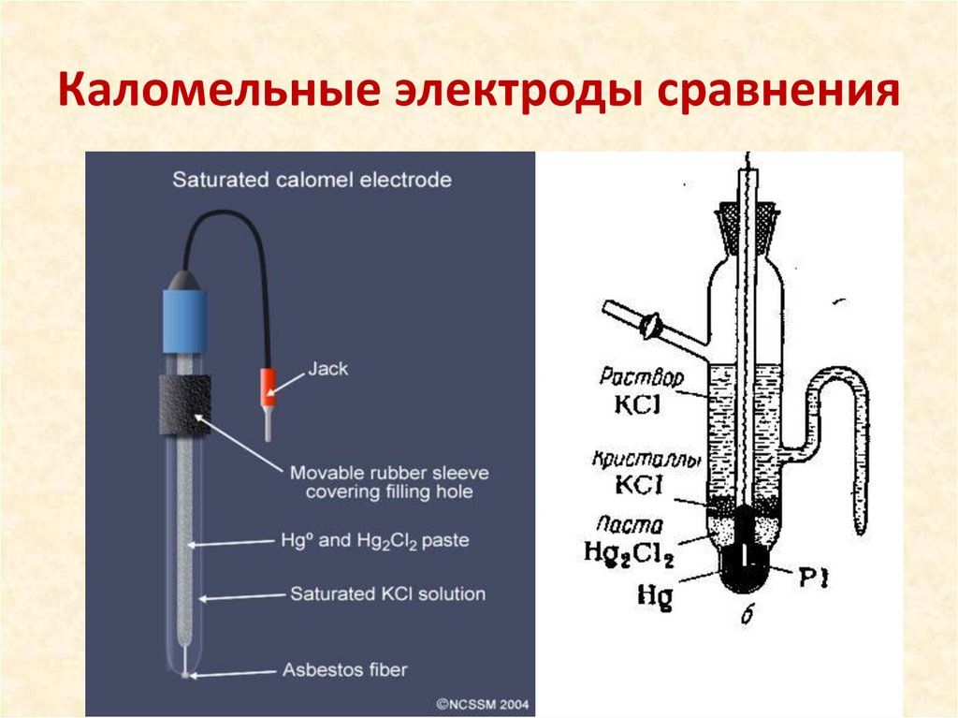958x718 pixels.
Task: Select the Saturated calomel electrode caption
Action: pyautogui.click(x=312, y=180)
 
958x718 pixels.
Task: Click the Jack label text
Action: pyautogui.click(x=327, y=369)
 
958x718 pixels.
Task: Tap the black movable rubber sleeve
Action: pyautogui.click(x=183, y=403)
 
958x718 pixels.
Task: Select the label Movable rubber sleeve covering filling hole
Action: pyautogui.click(x=389, y=481)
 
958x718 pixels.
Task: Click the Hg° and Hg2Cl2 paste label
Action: pyautogui.click(x=374, y=541)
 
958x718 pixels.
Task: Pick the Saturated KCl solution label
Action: pyautogui.click(x=387, y=593)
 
